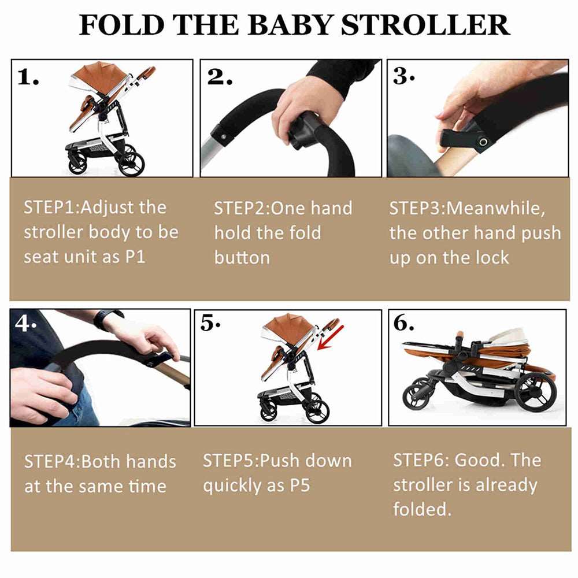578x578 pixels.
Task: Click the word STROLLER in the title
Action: (425, 25)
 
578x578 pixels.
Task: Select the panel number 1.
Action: (28, 77)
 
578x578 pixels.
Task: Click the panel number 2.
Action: (220, 77)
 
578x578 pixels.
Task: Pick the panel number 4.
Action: (25, 324)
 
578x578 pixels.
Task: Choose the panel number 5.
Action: (210, 325)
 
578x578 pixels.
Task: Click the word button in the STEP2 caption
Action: (242, 257)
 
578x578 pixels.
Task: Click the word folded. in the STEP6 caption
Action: (421, 509)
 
